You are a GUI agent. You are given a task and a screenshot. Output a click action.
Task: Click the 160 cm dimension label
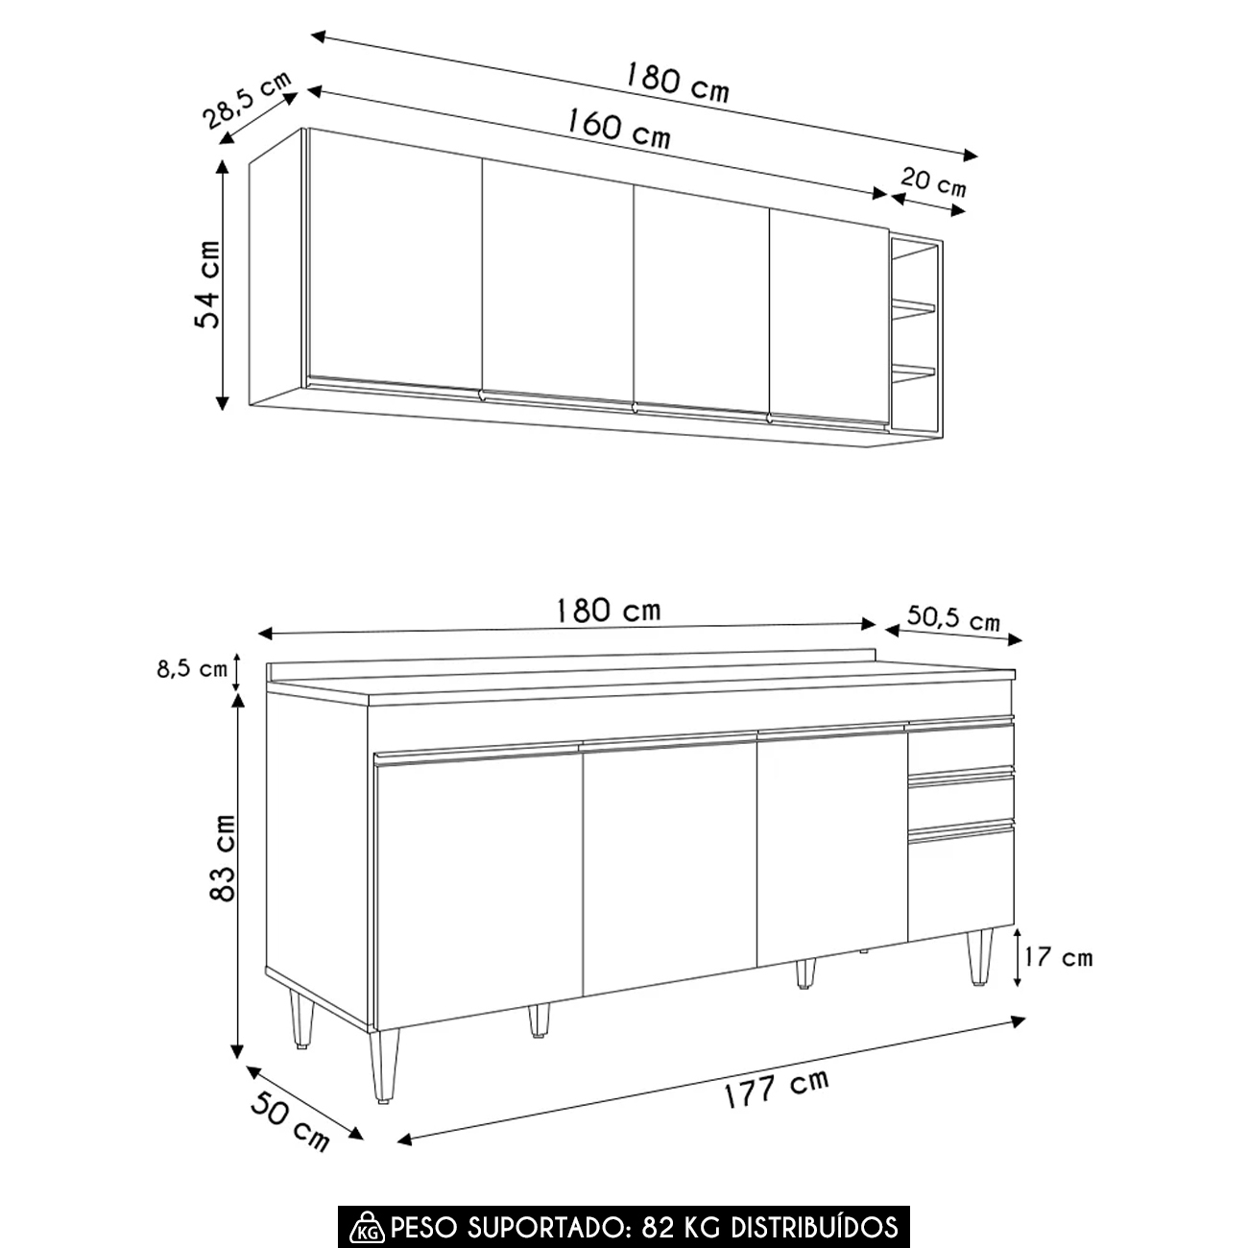pos(618,128)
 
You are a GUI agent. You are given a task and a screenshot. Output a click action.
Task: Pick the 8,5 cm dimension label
pos(192,669)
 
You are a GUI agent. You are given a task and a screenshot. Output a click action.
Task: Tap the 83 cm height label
pos(222,858)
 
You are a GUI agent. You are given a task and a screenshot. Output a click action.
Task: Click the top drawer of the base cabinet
pos(960,748)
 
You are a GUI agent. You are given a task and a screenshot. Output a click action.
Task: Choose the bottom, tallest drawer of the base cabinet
pos(960,883)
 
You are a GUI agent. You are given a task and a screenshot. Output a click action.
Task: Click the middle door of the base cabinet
pos(670,869)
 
